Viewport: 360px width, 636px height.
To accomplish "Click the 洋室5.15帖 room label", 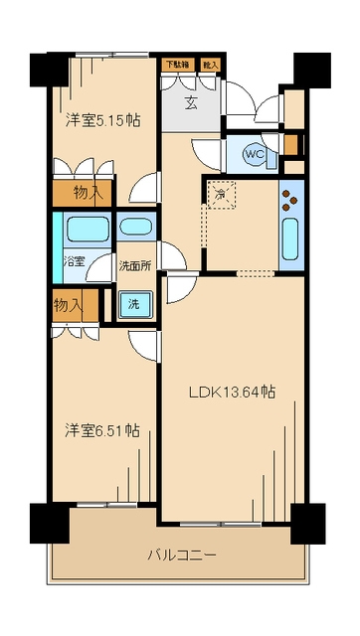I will (x=102, y=120).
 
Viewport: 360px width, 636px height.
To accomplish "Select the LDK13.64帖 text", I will (x=233, y=392).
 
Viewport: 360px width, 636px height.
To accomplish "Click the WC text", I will (x=255, y=154).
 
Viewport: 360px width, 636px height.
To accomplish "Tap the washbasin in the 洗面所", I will (x=134, y=228).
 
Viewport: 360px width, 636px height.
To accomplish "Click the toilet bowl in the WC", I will (x=246, y=154).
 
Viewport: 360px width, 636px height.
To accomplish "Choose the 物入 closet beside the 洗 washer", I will (x=70, y=305).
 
